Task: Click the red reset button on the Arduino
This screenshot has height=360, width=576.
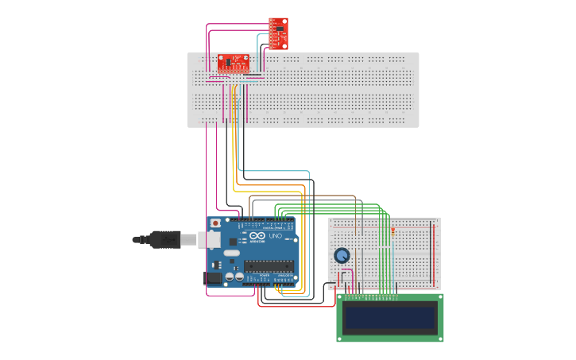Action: [215, 223]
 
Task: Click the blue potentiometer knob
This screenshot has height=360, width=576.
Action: [342, 255]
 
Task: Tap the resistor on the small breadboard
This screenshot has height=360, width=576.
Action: [392, 230]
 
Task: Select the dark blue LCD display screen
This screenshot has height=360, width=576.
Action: [389, 319]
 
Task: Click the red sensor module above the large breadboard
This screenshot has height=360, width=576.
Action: [278, 33]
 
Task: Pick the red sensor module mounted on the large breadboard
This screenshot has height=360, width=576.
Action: [234, 62]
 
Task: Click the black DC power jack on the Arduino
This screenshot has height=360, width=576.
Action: [213, 278]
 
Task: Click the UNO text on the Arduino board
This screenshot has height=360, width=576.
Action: [275, 237]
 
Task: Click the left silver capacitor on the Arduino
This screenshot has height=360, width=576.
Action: [229, 277]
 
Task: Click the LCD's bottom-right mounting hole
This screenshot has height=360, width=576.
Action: [439, 338]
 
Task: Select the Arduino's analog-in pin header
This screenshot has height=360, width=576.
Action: [284, 281]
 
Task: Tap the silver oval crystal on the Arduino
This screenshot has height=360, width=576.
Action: [231, 254]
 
